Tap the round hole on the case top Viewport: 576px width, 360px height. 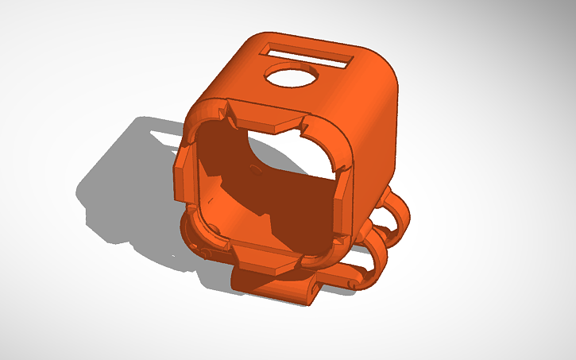click(x=292, y=76)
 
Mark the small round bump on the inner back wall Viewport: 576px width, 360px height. click(x=253, y=168)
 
